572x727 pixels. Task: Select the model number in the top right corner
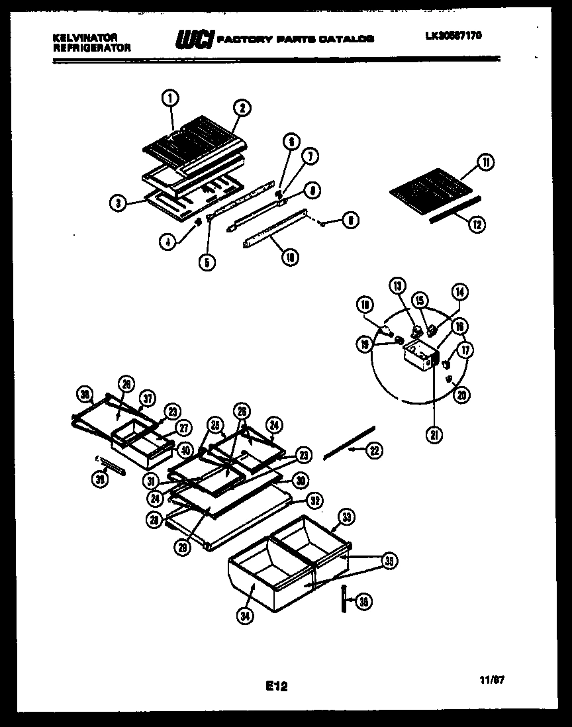pyautogui.click(x=453, y=36)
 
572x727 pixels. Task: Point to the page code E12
pyautogui.click(x=277, y=686)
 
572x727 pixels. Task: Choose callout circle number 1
pyautogui.click(x=170, y=99)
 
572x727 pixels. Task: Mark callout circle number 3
pyautogui.click(x=117, y=204)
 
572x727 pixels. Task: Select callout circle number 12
pyautogui.click(x=475, y=224)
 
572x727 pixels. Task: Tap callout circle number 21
pyautogui.click(x=435, y=435)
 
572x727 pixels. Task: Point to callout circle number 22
pyautogui.click(x=374, y=450)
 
